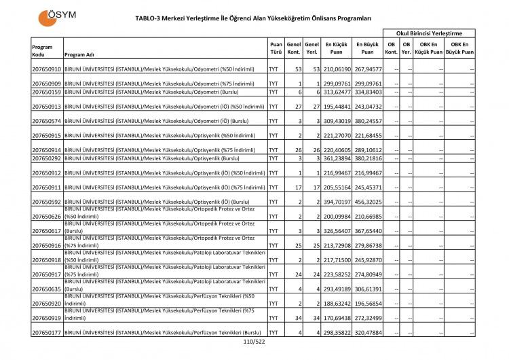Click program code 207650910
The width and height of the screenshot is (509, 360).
46,69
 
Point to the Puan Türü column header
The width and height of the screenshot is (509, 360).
276,47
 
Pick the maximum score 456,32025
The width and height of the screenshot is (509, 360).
367,202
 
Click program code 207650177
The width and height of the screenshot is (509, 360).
46,333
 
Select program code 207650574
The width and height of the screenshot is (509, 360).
46,121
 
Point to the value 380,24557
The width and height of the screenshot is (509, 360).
367,121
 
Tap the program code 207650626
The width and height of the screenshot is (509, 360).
46,217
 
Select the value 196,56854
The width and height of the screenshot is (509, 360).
367,304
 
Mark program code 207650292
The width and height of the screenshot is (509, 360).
46,158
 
